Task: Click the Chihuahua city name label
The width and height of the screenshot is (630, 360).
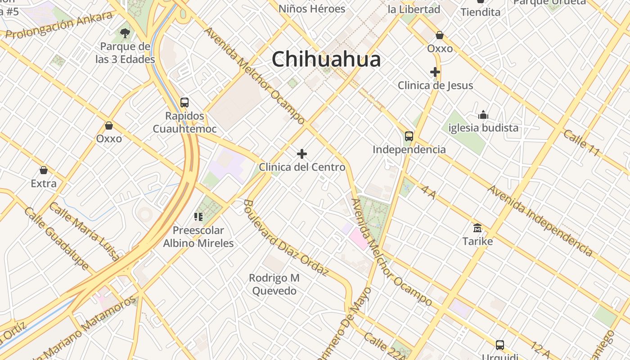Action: coord(326,59)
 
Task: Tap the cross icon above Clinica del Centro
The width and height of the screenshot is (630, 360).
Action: coord(302,154)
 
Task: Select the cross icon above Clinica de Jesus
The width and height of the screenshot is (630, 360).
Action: coord(435,72)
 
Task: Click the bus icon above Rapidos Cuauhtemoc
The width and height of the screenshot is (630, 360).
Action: coord(184,102)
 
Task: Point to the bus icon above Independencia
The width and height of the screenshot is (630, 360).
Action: coord(409,136)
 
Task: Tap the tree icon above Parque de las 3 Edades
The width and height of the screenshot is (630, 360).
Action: coord(125,33)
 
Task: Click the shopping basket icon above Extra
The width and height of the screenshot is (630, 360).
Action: coord(44,170)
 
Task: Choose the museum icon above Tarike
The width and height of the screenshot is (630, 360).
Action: coord(477,228)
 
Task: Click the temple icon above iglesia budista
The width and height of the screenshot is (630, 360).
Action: coord(483,115)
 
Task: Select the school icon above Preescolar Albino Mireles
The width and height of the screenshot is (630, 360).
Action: coord(198,217)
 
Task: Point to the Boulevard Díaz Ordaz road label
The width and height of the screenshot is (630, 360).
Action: coord(286,237)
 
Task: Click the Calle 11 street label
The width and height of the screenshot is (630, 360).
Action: coord(582,143)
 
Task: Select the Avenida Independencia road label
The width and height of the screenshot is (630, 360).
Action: coord(540,220)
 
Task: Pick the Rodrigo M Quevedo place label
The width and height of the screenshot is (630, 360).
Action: coord(274,284)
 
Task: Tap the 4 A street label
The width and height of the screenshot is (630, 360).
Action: coord(429,191)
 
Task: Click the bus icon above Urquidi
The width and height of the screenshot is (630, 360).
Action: coord(499,345)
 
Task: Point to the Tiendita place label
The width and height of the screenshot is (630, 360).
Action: coord(481,12)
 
